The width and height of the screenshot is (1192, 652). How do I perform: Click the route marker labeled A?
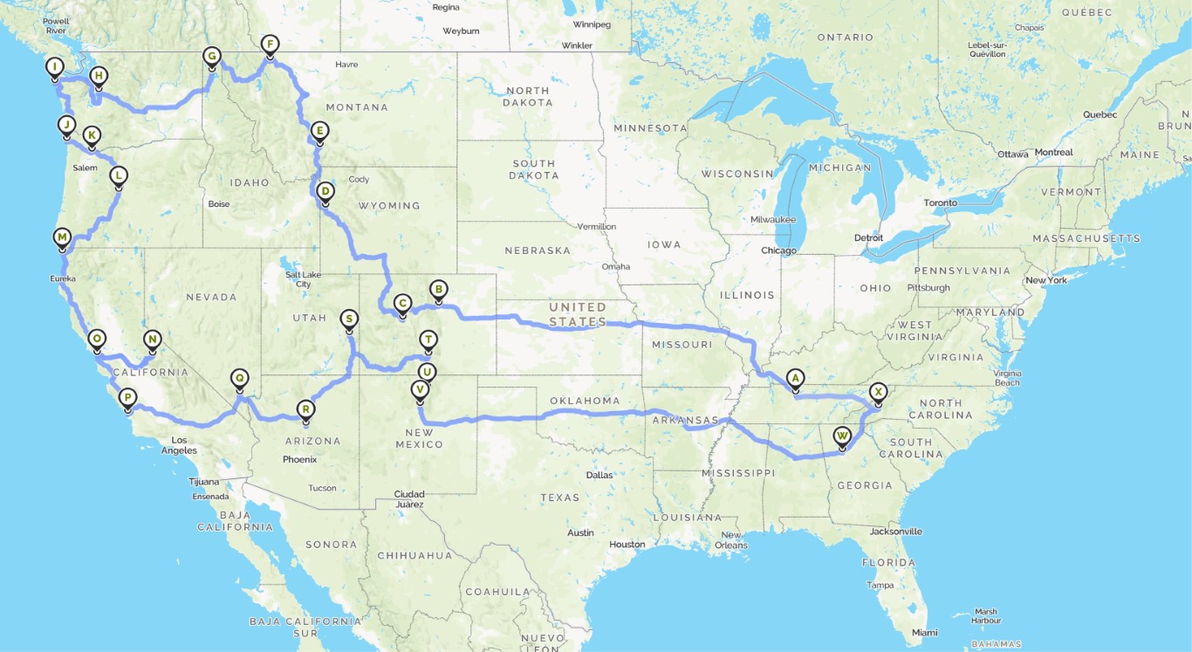[794, 378]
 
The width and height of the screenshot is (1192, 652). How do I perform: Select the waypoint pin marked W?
[842, 435]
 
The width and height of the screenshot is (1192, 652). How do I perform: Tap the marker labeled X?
[879, 392]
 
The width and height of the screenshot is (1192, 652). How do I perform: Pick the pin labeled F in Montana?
[270, 45]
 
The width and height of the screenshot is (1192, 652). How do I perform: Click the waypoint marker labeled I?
[55, 67]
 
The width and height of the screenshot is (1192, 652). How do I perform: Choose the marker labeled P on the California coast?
[127, 398]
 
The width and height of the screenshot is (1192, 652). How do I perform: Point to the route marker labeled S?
[349, 319]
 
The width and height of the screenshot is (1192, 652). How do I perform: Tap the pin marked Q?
[239, 378]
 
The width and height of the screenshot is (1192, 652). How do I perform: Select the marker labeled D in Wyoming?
[325, 191]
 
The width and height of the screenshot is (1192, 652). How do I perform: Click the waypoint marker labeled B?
[438, 289]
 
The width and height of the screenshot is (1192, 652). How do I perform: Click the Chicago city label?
[778, 251]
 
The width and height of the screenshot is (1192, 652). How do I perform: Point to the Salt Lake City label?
[304, 279]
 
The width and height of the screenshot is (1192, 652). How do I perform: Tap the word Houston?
[627, 545]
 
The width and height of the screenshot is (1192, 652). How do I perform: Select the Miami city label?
[925, 632]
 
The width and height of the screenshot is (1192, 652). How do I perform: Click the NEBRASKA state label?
[537, 251]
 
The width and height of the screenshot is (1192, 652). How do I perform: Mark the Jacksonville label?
[895, 531]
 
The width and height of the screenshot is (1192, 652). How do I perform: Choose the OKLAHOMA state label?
[585, 401]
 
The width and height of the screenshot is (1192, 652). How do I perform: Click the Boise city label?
[218, 204]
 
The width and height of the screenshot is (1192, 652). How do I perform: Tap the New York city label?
[1046, 280]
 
